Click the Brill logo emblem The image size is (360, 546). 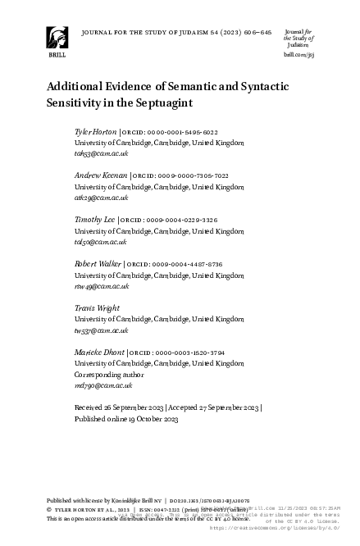click(57, 38)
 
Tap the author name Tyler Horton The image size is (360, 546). click(95, 131)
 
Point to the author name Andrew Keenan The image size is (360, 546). click(100, 175)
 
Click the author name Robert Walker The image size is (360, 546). click(98, 264)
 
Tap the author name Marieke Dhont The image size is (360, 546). click(100, 352)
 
